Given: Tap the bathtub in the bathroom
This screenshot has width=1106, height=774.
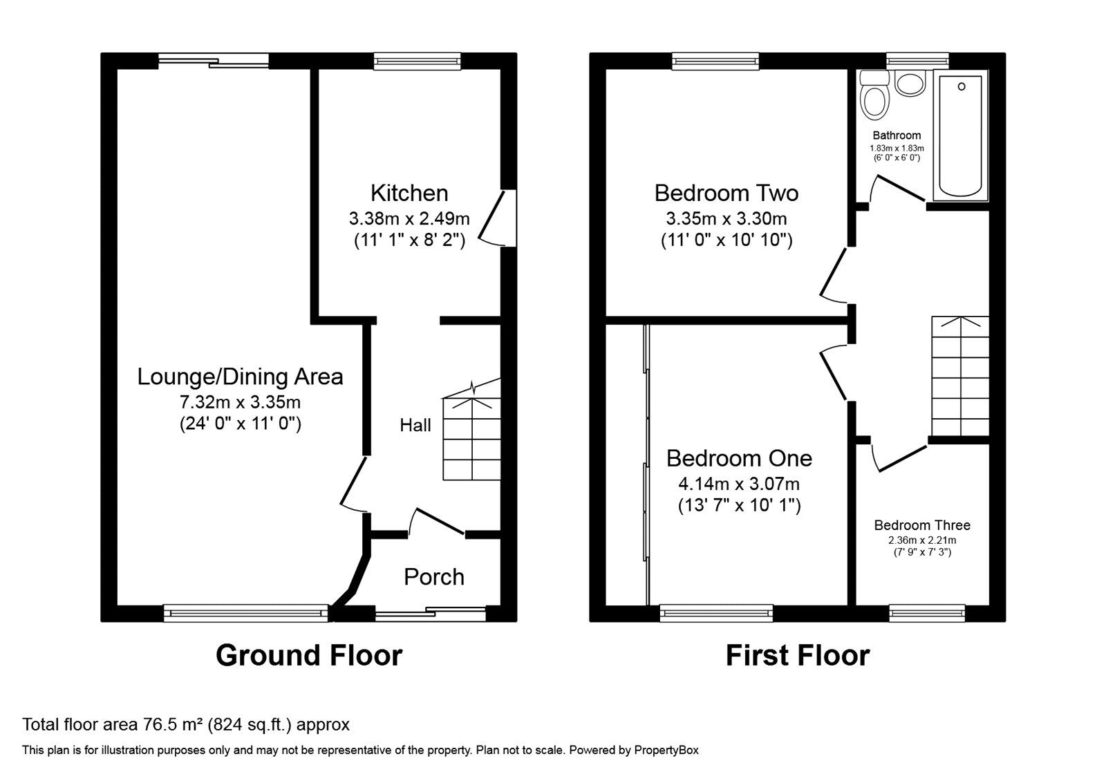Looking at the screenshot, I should tap(960, 135).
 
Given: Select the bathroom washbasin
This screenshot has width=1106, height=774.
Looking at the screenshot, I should tap(910, 84).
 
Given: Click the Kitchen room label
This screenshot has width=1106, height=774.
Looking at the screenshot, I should tap(409, 193).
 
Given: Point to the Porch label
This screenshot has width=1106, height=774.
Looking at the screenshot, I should tap(434, 577).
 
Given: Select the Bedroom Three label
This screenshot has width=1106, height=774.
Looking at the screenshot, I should tap(922, 525).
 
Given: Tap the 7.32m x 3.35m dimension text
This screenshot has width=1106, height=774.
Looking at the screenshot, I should tap(240, 402).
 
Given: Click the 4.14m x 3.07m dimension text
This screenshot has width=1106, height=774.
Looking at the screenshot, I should tap(739, 484).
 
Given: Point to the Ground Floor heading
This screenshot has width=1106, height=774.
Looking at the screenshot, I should tap(309, 655).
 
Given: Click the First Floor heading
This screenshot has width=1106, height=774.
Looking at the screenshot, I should tap(798, 655).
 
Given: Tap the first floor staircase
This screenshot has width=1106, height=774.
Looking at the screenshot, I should tap(960, 377).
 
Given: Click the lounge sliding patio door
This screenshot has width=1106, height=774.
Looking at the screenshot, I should tap(214, 62).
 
